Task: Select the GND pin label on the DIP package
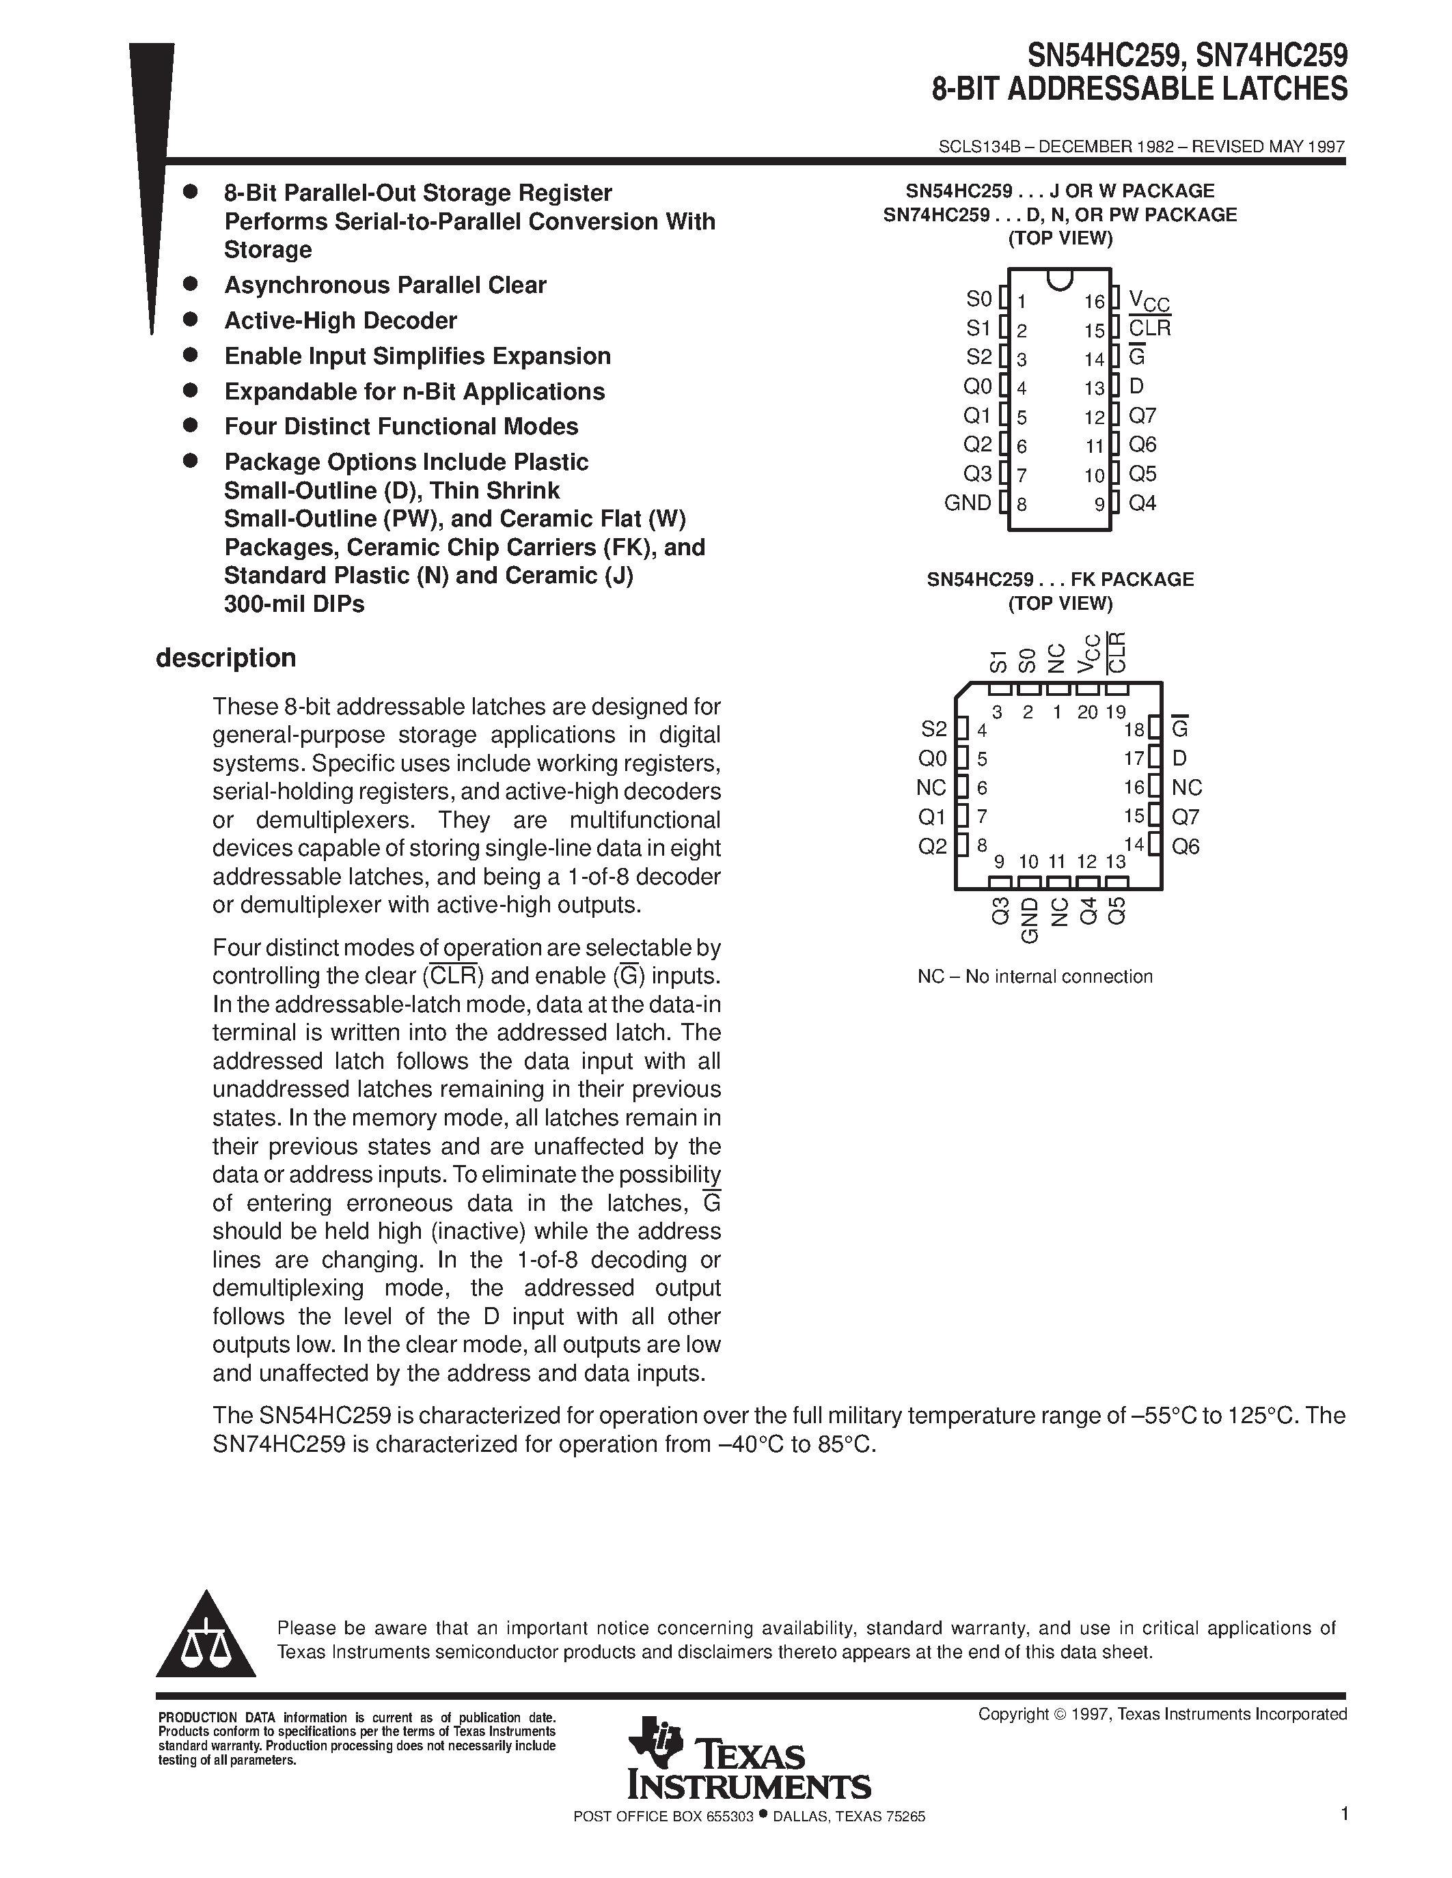click(x=968, y=503)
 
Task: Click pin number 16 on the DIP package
click(x=1093, y=302)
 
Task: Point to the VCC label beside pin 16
click(x=1149, y=302)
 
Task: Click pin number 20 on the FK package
click(x=1087, y=712)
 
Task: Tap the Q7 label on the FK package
click(x=1186, y=817)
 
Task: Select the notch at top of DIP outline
click(x=1059, y=279)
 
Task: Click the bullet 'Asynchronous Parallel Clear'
click(x=385, y=285)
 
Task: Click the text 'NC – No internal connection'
click(x=1034, y=976)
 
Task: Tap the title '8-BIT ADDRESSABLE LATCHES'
click(x=1140, y=89)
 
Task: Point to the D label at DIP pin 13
click(x=1136, y=387)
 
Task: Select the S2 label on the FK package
click(x=933, y=729)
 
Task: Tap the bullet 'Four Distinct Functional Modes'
click(x=401, y=427)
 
